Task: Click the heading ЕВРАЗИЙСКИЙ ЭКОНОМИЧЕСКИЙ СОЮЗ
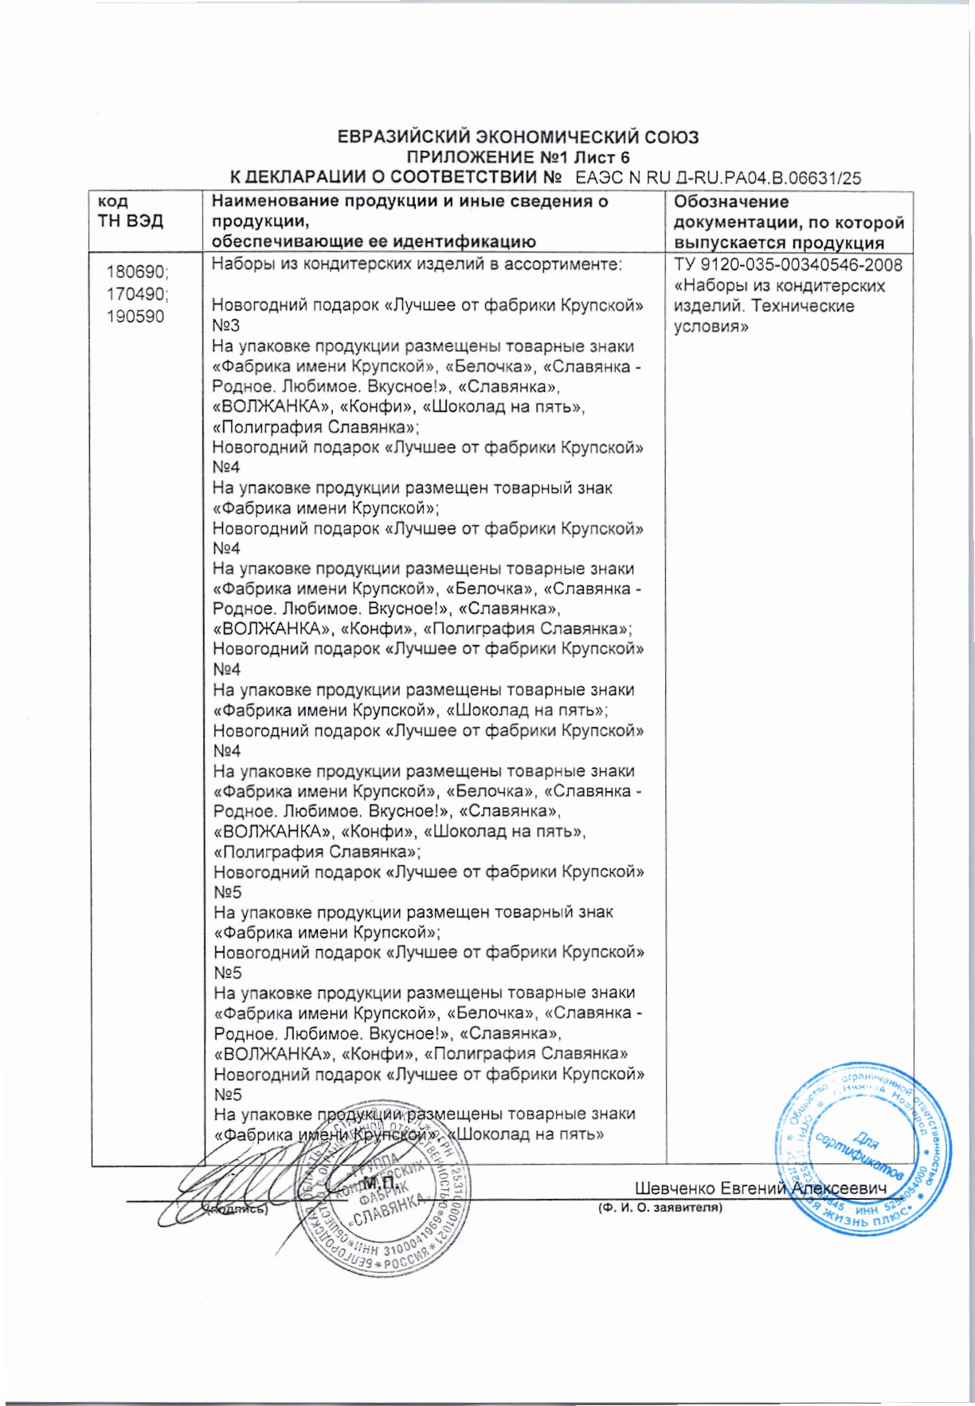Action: point(518,137)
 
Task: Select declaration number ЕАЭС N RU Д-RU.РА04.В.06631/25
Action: point(717,178)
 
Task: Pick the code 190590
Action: point(135,317)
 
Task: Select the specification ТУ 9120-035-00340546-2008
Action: point(788,265)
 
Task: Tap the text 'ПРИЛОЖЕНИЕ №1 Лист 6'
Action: point(518,157)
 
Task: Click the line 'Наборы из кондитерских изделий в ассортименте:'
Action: point(416,264)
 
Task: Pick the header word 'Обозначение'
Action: point(731,202)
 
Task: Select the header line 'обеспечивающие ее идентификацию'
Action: point(373,242)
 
